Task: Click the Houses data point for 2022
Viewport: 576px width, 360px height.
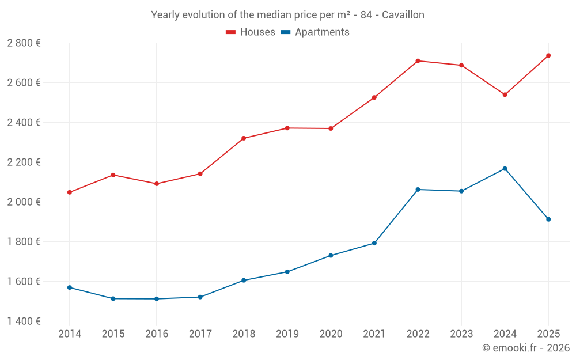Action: pyautogui.click(x=418, y=60)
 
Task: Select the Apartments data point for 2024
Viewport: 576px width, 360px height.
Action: pyautogui.click(x=505, y=169)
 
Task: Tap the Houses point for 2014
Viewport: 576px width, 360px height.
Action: pyautogui.click(x=70, y=192)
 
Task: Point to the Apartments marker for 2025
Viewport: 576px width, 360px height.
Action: pyautogui.click(x=548, y=219)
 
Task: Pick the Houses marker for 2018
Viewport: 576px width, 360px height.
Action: pyautogui.click(x=244, y=138)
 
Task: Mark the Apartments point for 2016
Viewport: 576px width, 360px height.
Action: pyautogui.click(x=157, y=299)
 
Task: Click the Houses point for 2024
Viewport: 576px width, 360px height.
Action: pyautogui.click(x=505, y=94)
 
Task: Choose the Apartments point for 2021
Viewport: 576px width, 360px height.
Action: pyautogui.click(x=374, y=243)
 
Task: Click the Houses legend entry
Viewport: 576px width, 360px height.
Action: pyautogui.click(x=250, y=32)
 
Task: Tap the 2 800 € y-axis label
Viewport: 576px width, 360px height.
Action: pyautogui.click(x=24, y=43)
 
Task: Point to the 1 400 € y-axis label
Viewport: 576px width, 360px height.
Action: pyautogui.click(x=24, y=321)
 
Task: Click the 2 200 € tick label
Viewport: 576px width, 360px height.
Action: pyautogui.click(x=24, y=162)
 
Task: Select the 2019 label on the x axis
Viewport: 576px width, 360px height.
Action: pyautogui.click(x=287, y=334)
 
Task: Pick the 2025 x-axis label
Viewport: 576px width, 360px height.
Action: pyautogui.click(x=548, y=334)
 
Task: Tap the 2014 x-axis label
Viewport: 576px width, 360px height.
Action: pyautogui.click(x=70, y=334)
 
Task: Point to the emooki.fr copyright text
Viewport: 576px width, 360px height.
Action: pyautogui.click(x=525, y=348)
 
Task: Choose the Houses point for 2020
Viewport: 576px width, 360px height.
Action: pyautogui.click(x=331, y=128)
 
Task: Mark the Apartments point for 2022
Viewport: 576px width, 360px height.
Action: pyautogui.click(x=418, y=190)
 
